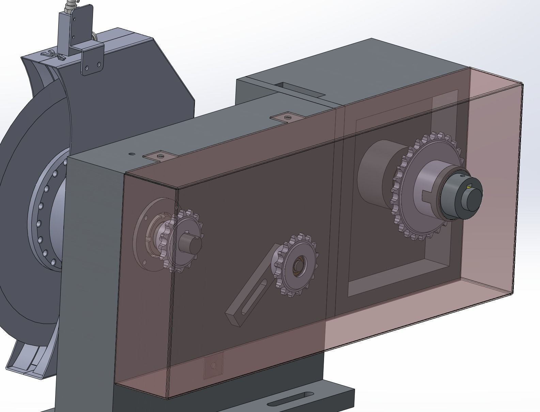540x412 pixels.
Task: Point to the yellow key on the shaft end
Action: pos(469,187)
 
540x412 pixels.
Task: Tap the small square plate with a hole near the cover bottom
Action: pos(214,366)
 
